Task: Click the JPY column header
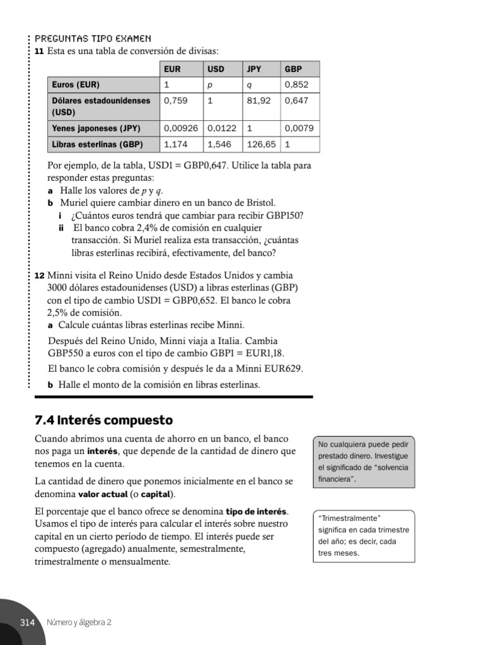pyautogui.click(x=254, y=69)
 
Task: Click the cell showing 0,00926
pyautogui.click(x=181, y=128)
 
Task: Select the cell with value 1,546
pyautogui.click(x=219, y=144)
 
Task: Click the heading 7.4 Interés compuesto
pyautogui.click(x=103, y=420)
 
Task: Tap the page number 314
pyautogui.click(x=26, y=622)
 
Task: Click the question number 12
pyautogui.click(x=39, y=277)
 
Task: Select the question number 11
pyautogui.click(x=39, y=51)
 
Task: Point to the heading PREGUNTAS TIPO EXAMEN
pyautogui.click(x=93, y=39)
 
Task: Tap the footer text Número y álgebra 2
pyautogui.click(x=79, y=622)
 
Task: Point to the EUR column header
pyautogui.click(x=171, y=69)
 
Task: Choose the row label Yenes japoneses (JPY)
pyautogui.click(x=96, y=128)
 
